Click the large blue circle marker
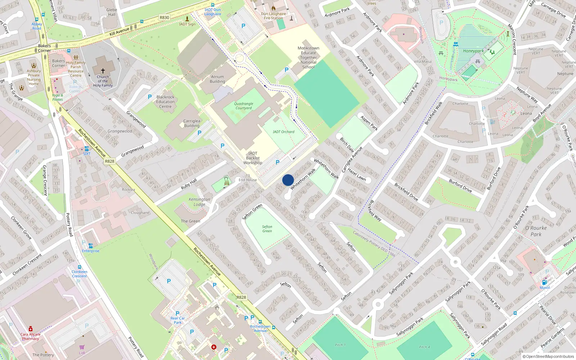coord(288,180)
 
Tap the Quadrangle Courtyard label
coord(244,106)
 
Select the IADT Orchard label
coord(283,132)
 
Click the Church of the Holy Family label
coord(103,81)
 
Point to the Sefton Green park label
coord(267,229)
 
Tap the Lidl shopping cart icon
coord(82,347)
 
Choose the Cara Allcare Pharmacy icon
coord(31,329)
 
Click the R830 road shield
coord(164,17)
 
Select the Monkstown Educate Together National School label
coord(309,58)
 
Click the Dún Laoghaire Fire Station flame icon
coord(274,8)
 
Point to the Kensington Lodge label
coord(199,202)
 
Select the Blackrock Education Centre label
coord(166,102)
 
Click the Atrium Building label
coord(217,79)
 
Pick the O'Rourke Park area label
coord(536,231)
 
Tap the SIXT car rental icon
coord(86,149)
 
